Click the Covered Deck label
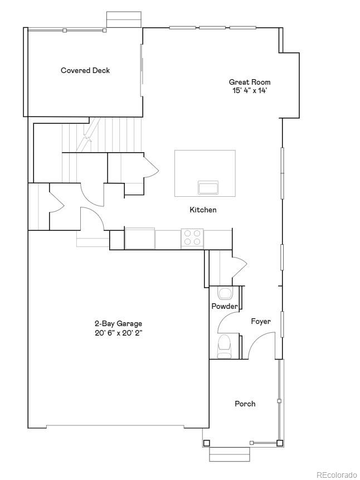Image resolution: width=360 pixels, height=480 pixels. [x=85, y=70]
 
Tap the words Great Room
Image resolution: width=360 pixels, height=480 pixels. [x=250, y=82]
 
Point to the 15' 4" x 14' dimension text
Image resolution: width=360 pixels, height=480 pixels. [x=250, y=90]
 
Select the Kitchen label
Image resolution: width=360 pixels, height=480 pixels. [x=203, y=210]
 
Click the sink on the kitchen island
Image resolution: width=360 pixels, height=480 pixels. [x=208, y=187]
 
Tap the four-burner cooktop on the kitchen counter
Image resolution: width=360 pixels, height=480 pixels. [x=192, y=238]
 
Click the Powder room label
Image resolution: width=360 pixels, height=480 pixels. [x=224, y=306]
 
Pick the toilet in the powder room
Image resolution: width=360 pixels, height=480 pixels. [x=225, y=346]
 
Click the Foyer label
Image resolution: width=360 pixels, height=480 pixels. [x=261, y=321]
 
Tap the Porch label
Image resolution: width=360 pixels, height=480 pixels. [x=245, y=404]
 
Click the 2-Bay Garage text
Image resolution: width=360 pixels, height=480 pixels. [x=118, y=323]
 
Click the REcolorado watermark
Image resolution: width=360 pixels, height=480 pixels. [x=337, y=474]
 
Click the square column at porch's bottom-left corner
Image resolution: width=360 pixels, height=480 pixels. [x=207, y=443]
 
